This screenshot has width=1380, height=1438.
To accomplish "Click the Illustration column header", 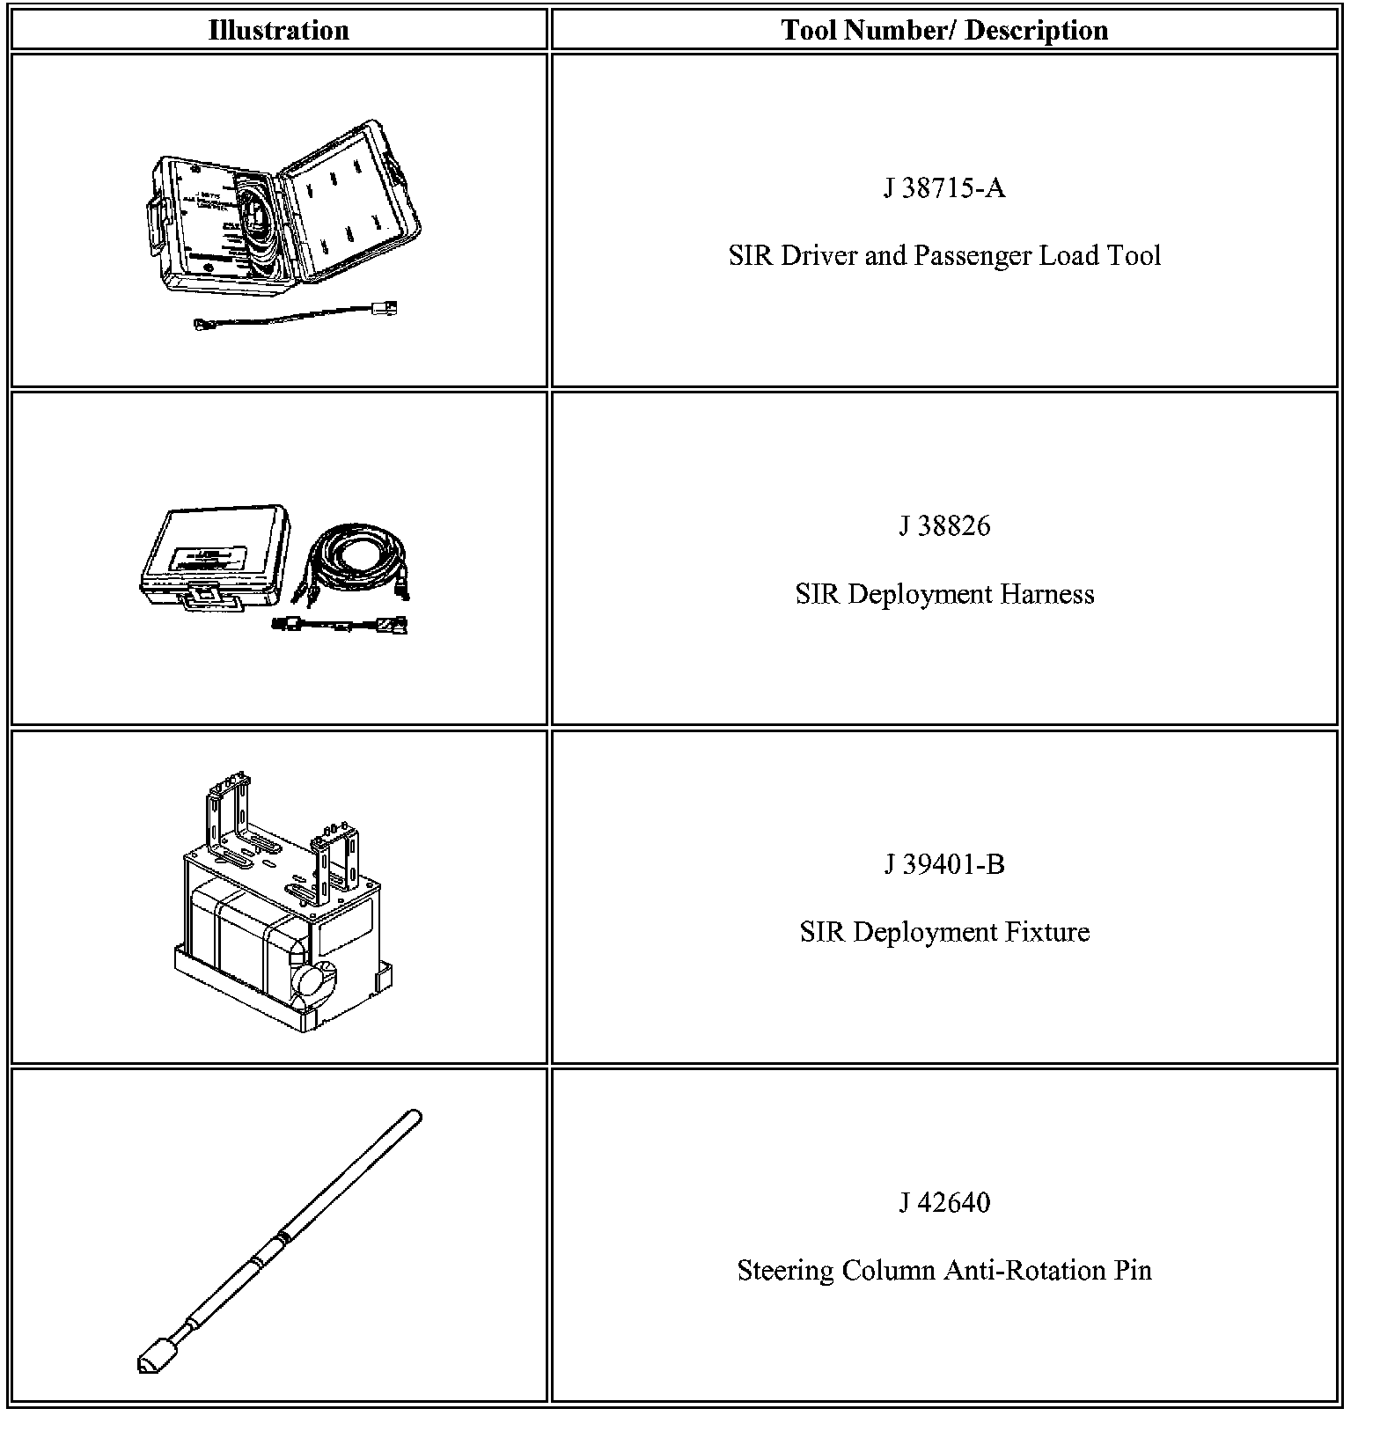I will pos(278,31).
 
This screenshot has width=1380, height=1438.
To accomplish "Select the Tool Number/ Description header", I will pos(943,31).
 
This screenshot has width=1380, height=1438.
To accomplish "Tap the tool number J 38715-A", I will pos(943,188).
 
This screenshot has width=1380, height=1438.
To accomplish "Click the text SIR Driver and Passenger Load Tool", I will pos(943,256).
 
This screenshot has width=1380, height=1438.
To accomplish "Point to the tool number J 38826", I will pos(943,526).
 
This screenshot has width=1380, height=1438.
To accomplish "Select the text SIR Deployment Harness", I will pos(943,594).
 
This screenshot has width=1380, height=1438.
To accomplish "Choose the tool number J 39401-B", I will pos(943,864).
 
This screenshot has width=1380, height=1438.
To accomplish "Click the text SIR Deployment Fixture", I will pos(943,932).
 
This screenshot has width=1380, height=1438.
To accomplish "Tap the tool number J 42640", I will pos(943,1202).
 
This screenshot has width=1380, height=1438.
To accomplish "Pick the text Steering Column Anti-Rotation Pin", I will pos(943,1271).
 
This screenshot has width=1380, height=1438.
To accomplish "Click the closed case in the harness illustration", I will pos(211,554).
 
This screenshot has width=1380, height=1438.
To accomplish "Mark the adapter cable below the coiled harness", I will pos(339,626).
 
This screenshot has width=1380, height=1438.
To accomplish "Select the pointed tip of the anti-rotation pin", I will pos(146,1364).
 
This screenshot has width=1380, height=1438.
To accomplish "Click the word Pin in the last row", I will pos(1131,1271).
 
